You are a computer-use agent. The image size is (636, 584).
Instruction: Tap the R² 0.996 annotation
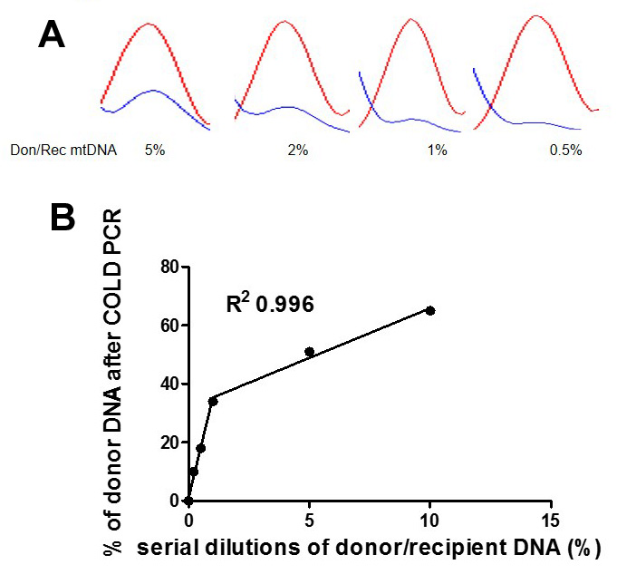(270, 305)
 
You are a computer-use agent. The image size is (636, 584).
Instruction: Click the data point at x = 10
(430, 310)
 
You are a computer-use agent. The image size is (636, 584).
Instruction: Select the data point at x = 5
(309, 351)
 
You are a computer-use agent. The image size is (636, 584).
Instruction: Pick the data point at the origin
(188, 501)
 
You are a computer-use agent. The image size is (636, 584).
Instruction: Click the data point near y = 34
(213, 401)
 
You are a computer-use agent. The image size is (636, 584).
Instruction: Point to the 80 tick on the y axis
(168, 267)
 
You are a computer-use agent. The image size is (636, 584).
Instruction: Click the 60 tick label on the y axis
(168, 325)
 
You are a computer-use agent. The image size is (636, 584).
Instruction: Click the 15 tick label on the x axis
(552, 521)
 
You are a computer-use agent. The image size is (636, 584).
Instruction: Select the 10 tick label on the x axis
(430, 521)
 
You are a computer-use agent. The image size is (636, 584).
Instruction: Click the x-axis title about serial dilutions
(369, 548)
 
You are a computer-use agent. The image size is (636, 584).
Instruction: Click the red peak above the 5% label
(154, 27)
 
